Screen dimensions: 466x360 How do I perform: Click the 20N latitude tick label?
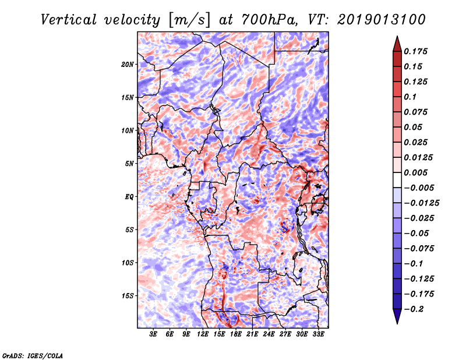[x=128, y=65]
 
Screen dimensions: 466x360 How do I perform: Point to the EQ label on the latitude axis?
[x=129, y=197]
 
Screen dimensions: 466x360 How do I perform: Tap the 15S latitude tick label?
[x=128, y=296]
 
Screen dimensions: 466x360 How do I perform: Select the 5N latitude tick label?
[x=129, y=164]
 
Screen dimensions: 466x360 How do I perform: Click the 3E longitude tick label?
[x=153, y=334]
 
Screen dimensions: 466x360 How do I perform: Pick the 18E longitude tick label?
[x=236, y=334]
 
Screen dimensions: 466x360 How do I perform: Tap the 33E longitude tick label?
[x=318, y=334]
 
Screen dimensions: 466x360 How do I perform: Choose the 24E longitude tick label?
[x=269, y=334]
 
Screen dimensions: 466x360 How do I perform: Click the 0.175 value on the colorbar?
[x=415, y=51]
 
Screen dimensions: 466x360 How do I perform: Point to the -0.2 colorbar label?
[x=414, y=309]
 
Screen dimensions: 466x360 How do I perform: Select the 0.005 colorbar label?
[x=415, y=172]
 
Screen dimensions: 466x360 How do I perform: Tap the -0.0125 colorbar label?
[x=421, y=203]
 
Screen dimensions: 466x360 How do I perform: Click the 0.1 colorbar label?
[x=410, y=97]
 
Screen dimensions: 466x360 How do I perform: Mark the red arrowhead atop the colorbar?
[x=397, y=44]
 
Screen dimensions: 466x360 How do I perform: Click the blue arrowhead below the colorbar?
[x=397, y=316]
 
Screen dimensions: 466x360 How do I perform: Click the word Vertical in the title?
[x=69, y=20]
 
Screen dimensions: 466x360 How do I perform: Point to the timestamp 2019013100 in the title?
[x=382, y=20]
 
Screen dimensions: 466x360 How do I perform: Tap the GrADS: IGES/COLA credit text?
[x=33, y=356]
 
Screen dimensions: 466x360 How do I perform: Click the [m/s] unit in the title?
[x=189, y=20]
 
